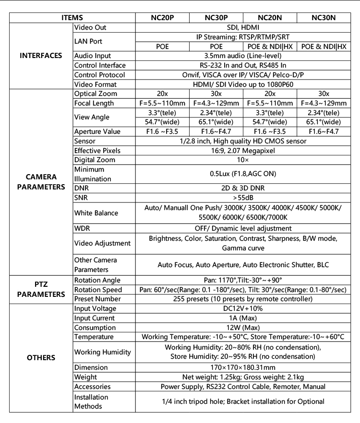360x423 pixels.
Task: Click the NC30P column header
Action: point(216,17)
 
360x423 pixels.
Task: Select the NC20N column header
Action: point(270,17)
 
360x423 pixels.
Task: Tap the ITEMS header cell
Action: point(72,17)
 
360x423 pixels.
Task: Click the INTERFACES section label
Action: point(41,56)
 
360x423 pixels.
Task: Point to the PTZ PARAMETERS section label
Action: point(41,290)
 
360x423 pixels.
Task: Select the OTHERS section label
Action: point(41,358)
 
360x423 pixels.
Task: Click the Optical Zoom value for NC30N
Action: point(324,94)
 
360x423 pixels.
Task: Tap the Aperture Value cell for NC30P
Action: point(216,131)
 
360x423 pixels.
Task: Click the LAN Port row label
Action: point(88,42)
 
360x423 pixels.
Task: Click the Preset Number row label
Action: point(97,299)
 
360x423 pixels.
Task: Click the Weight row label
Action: point(85,377)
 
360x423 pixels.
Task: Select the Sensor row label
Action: point(85,141)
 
